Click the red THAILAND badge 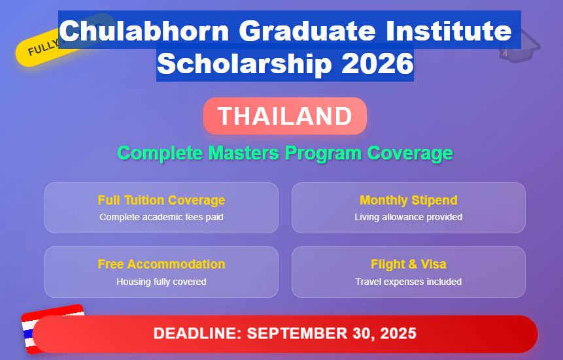[285, 116]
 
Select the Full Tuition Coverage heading [162, 200]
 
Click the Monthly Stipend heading [408, 200]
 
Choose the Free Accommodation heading [162, 264]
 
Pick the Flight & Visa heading [408, 264]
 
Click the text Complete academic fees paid [162, 217]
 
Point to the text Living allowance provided [408, 217]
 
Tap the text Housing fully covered [162, 282]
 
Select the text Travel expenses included [408, 282]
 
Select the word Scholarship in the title [241, 64]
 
